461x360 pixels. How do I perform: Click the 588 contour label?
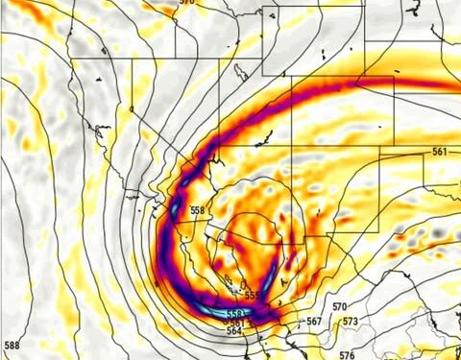pos(12,345)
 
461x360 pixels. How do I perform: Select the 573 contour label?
pos(350,321)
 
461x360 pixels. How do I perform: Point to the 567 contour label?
pos(314,322)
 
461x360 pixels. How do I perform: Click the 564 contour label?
pos(233,331)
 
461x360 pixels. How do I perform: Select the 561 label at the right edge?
pos(439,152)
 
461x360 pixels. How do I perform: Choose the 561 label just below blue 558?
pos(236,323)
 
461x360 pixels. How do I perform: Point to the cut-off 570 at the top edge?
pos(185,3)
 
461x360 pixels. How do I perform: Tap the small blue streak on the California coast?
pos(175,209)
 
